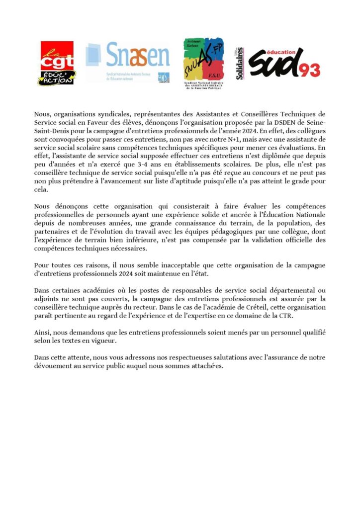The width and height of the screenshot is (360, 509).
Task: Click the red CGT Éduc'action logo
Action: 58,63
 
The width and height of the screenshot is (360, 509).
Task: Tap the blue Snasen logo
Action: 129,62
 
